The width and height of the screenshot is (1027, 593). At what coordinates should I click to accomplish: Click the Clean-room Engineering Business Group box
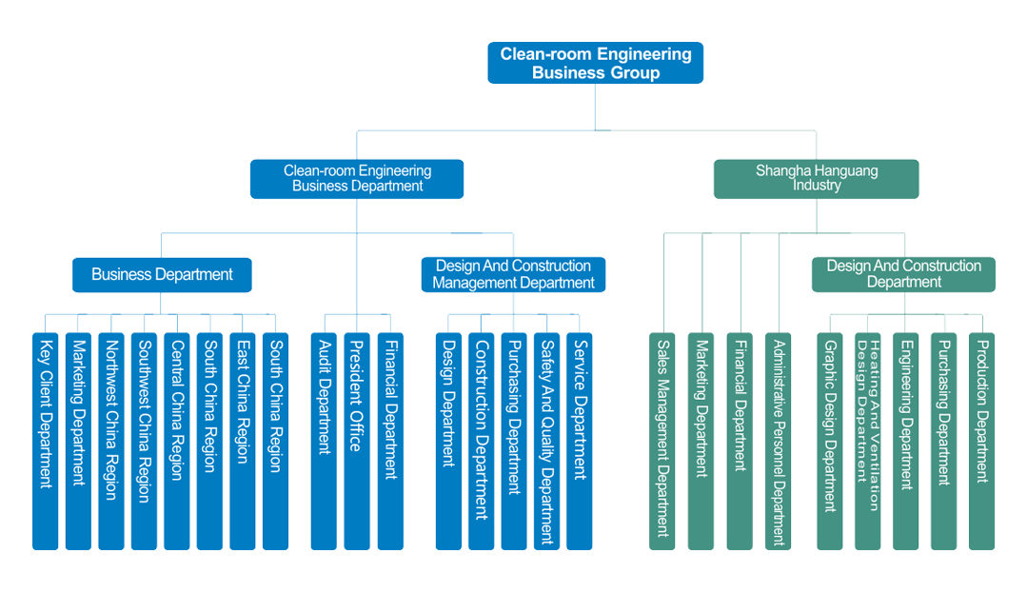pos(596,63)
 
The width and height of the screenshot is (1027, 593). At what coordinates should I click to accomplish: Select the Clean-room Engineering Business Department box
pos(357,178)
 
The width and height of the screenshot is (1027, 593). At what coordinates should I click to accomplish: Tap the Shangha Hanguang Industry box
pos(816,178)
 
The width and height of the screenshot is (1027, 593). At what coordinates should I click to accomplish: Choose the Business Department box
pos(162,274)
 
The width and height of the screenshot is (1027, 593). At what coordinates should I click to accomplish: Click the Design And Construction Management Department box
pos(513,274)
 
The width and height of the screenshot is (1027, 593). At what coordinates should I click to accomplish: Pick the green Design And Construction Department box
pos(903,274)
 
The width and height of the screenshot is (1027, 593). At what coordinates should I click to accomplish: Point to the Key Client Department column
pos(45,438)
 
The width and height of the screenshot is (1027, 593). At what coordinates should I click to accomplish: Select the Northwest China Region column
pos(110,438)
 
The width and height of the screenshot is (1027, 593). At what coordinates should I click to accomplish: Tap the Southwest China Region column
pos(144,438)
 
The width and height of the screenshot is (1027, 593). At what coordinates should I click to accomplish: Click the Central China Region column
pos(176,438)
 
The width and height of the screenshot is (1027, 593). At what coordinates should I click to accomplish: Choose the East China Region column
pos(242,438)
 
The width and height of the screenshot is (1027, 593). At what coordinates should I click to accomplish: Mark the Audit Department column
pos(324,438)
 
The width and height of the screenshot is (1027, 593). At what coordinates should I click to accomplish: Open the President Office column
pos(355,438)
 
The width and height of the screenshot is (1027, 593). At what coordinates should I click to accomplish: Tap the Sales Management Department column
pos(662,438)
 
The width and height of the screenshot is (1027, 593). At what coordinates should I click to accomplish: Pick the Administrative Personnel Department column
pos(778,438)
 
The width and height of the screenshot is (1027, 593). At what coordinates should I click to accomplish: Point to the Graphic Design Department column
pos(829,438)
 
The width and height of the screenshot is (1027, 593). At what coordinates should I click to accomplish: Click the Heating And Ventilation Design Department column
pos(867,438)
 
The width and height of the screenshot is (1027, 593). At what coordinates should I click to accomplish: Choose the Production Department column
pos(981,438)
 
